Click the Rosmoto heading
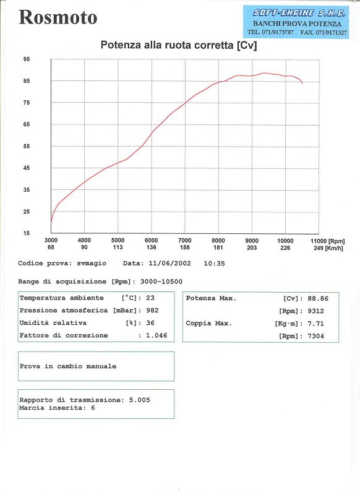coord(58,17)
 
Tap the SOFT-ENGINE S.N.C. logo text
coord(299,13)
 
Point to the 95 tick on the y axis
coord(26,59)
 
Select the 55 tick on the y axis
coord(26,146)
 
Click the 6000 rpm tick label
coord(151,240)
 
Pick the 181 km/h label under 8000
coord(218,247)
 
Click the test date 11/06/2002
coord(169,264)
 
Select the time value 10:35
coord(214,264)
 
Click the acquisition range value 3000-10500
coord(161,282)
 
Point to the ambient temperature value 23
coord(150,298)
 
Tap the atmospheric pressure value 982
coord(152,311)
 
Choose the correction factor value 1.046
coord(156,335)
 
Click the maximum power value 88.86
coord(318,298)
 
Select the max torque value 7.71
coord(316,324)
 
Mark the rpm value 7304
coord(316,336)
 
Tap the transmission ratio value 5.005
coord(139,400)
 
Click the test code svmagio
coord(92,264)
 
